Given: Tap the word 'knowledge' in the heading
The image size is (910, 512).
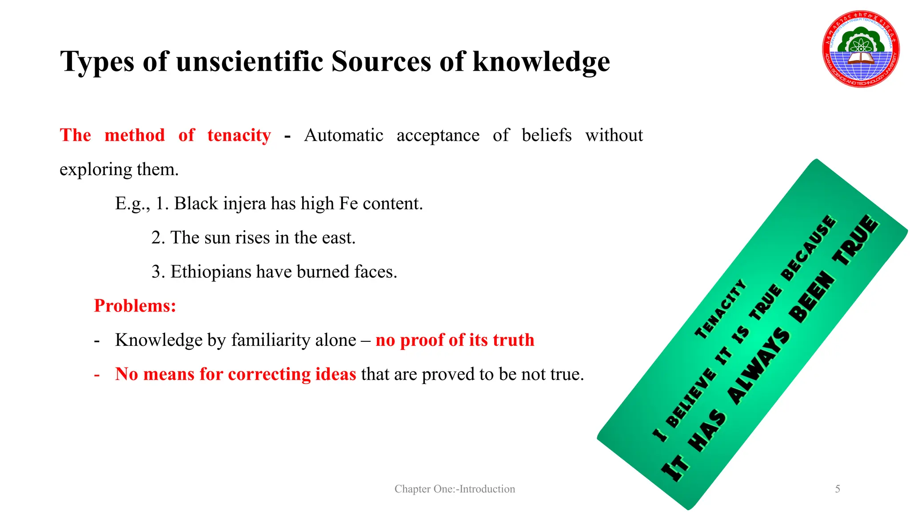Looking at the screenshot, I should click(x=541, y=61).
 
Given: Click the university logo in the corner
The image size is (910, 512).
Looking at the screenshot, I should click(x=861, y=49).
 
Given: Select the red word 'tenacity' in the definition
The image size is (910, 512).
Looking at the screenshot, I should click(x=239, y=135).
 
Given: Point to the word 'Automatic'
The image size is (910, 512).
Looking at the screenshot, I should click(x=343, y=135).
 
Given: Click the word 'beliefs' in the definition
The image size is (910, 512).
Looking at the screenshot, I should click(x=547, y=135).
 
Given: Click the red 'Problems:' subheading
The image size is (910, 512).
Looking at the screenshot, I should click(x=135, y=306).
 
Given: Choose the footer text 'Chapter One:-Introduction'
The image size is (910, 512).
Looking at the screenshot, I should click(x=455, y=489).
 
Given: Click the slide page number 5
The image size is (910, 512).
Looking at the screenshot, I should click(x=838, y=489).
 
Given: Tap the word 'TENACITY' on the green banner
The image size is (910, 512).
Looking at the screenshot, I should click(x=720, y=309).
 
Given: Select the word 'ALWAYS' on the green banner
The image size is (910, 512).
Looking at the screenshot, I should click(x=758, y=367).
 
